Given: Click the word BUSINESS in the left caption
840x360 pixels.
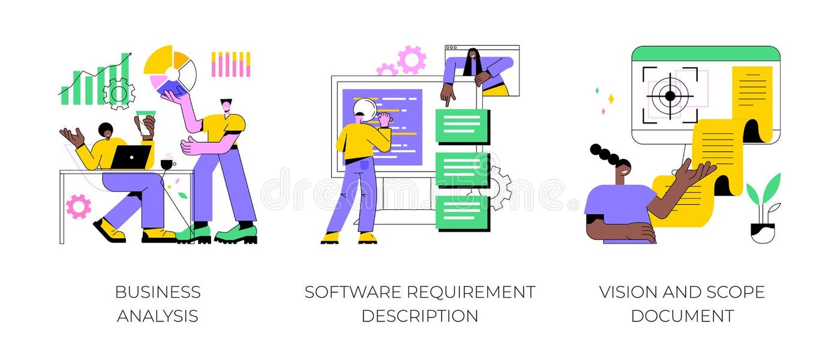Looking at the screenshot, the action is [158, 292].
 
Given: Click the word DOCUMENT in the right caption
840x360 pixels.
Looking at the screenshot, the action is [682, 316].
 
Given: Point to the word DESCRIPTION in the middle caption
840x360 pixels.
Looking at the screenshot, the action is [419, 316].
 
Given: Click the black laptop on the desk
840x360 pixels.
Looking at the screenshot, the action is [131, 157].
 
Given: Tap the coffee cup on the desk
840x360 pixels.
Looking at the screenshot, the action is [167, 163].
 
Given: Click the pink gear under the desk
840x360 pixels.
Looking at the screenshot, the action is [79, 206].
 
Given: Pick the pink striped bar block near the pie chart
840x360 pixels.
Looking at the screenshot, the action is [230, 64].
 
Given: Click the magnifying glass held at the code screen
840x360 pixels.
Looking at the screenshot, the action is [364, 109].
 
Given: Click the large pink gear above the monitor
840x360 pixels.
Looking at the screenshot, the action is [412, 60].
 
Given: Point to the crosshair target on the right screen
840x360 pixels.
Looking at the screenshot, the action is [670, 95].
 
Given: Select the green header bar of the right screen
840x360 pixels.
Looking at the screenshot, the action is [706, 54].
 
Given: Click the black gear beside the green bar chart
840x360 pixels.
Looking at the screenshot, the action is [119, 94].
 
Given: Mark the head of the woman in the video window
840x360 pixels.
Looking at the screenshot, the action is [473, 58].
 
